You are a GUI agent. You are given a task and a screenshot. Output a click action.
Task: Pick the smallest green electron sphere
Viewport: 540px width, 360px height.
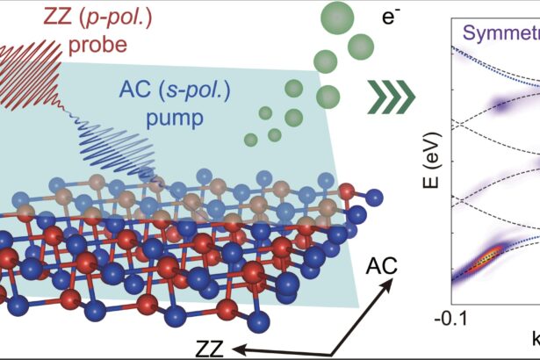[250, 138]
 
